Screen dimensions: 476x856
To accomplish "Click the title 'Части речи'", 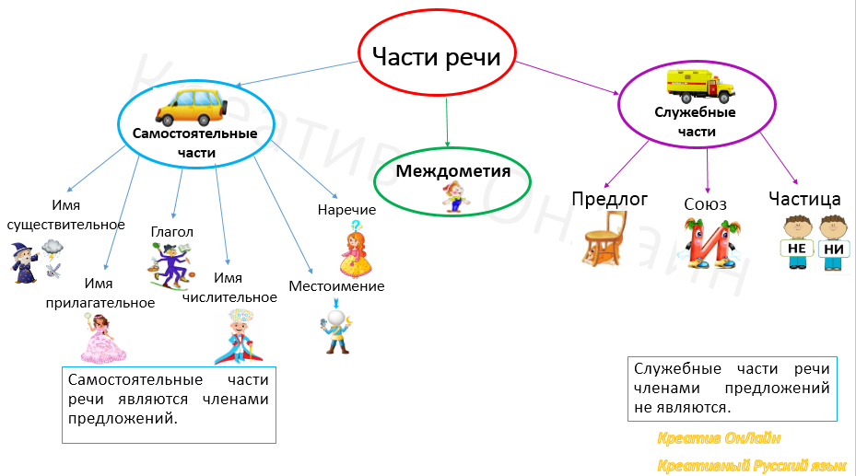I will coord(436,57).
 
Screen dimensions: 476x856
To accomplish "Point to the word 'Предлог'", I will coord(610,198).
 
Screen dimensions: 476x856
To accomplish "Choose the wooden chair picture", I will coord(605,238).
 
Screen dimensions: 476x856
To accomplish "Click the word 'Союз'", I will coord(706,203).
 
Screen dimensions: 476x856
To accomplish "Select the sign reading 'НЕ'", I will coord(797,249).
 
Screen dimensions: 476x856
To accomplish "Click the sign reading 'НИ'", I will coord(833,249).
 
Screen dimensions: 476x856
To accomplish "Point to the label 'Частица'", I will coord(804,198).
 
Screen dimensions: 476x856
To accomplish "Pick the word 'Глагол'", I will coord(171,231).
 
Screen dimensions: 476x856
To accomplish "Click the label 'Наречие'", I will coord(346,210).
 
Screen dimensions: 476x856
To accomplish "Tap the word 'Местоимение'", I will coord(336,286).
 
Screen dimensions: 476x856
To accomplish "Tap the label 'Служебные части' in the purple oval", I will coord(695,122).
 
